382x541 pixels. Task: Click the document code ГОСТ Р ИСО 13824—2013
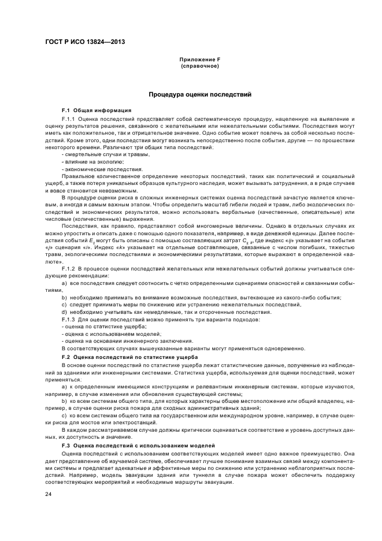coord(86,42)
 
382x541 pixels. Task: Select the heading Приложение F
coord(199,60)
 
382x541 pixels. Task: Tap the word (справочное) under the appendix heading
coord(199,66)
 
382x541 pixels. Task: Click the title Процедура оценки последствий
coord(199,94)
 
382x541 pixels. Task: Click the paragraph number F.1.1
coord(69,119)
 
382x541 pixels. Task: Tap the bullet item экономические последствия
coord(94,169)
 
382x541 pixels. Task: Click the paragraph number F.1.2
coord(69,270)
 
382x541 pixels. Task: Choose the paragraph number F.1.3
coord(69,320)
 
